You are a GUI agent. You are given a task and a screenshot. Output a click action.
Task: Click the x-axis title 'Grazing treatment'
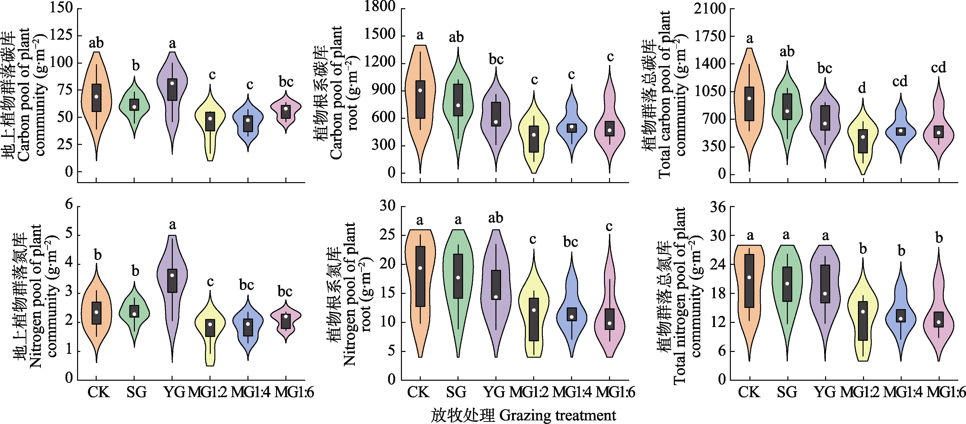click(558, 415)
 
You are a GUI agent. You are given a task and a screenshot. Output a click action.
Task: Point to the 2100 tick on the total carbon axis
click(710, 8)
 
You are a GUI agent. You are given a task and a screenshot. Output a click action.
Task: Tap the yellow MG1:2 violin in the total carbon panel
click(863, 143)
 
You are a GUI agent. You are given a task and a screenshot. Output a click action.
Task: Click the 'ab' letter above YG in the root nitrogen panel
click(495, 218)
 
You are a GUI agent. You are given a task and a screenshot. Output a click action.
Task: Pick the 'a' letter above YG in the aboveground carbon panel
click(172, 44)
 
